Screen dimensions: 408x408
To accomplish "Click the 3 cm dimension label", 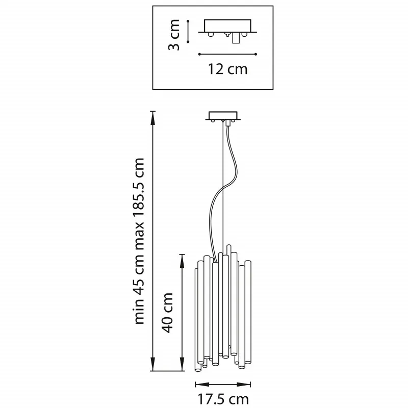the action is [174, 35].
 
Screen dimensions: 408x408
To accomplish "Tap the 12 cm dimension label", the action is [227, 69].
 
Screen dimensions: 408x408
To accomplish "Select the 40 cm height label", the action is [167, 313].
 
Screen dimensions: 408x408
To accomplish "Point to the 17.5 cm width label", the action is [223, 399].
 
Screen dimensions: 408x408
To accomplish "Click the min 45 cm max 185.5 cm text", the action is [139, 241].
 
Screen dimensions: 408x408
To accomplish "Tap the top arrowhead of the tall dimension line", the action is [153, 118].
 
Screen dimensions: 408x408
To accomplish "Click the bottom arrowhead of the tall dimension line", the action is [153, 364].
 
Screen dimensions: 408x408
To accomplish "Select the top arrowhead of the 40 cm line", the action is [183, 262].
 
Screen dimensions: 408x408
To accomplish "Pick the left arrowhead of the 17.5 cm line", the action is [202, 385].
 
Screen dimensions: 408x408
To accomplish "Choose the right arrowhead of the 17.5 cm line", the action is [244, 385].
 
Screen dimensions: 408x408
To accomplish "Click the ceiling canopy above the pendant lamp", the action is [223, 117].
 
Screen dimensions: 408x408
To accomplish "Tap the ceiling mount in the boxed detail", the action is [227, 28].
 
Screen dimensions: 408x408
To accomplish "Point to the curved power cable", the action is [223, 189].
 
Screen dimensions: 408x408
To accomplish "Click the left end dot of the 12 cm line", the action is [199, 54].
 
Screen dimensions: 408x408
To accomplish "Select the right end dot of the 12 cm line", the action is [256, 54].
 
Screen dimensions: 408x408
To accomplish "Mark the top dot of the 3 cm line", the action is [188, 21].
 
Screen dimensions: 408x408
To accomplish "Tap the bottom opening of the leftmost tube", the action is [198, 369].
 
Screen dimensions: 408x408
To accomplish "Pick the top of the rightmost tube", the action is [248, 262].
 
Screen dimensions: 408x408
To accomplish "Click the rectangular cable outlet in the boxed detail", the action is [236, 38].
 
